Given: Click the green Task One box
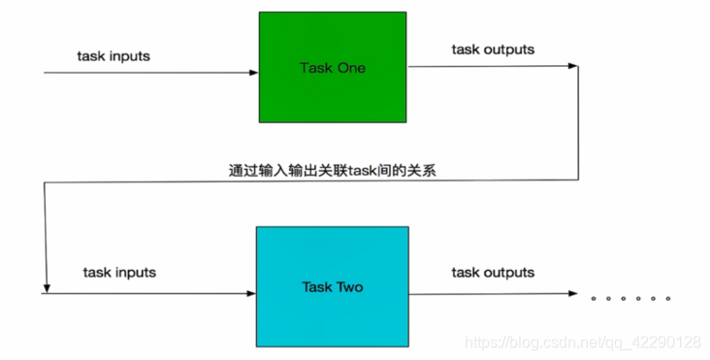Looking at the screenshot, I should pos(332,66).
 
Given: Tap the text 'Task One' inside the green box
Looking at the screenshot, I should pos(332,68).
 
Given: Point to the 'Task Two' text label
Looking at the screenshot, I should pos(332,288).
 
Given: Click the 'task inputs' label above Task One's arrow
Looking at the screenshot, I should pos(113,55).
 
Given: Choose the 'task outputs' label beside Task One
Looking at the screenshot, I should pos(492,49).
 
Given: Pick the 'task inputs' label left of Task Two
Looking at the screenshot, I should pos(119,273).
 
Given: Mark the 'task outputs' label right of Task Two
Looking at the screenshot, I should pos(492,273).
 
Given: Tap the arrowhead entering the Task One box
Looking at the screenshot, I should pos(254,73).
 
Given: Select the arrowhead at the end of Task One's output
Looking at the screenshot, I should pos(573,66).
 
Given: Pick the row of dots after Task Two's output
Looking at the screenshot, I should pos(631,298).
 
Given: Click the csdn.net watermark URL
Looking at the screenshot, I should pos(582,343).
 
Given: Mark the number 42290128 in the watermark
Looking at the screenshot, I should pos(663,343).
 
